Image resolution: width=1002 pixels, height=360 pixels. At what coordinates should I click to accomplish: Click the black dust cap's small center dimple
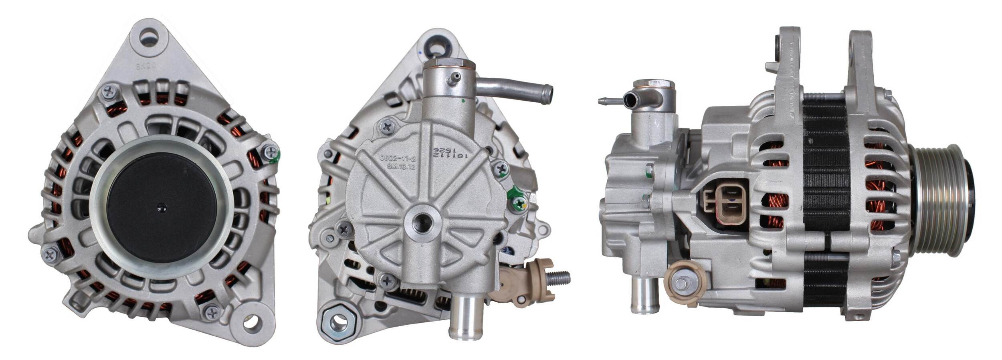pos(162,207)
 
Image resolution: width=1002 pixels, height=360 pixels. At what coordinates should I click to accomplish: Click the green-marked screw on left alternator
pos(271,152)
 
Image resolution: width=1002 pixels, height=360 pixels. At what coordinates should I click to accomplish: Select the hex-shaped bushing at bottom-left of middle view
pos(337,321)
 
